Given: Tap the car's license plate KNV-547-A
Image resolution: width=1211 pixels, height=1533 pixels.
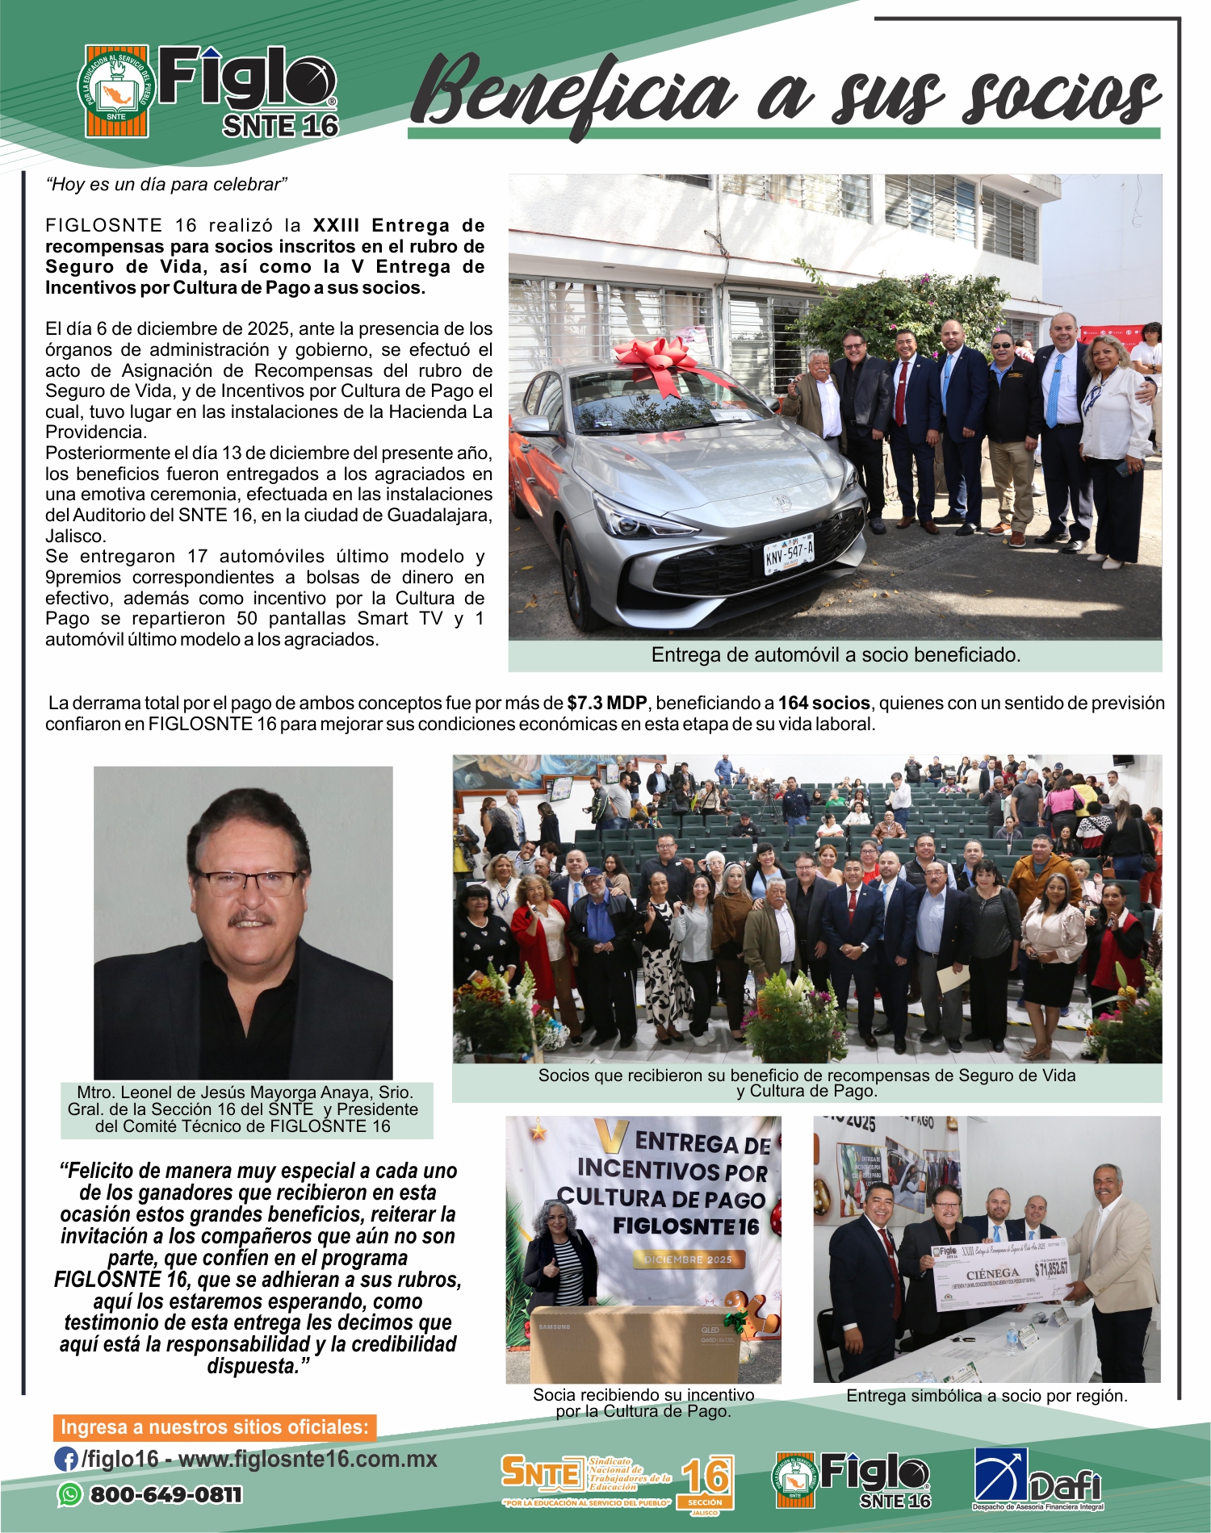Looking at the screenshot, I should pyautogui.click(x=789, y=553).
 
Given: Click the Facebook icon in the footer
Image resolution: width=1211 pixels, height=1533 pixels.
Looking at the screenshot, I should pyautogui.click(x=65, y=1459).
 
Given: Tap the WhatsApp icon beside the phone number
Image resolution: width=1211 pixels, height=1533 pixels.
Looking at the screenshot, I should pyautogui.click(x=70, y=1494).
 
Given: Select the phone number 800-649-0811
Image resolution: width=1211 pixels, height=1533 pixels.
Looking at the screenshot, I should pyautogui.click(x=166, y=1495).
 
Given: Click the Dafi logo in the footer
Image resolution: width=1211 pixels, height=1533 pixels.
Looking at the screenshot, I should pyautogui.click(x=1037, y=1479).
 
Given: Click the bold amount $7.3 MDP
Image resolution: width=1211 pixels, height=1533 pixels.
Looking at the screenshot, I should pyautogui.click(x=606, y=703).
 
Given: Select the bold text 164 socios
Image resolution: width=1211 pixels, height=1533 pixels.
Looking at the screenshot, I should pyautogui.click(x=823, y=703).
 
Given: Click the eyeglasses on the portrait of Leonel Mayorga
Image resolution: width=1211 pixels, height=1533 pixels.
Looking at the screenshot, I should pyautogui.click(x=246, y=882).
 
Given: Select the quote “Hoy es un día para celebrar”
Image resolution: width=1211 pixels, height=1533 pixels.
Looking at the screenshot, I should pyautogui.click(x=166, y=185).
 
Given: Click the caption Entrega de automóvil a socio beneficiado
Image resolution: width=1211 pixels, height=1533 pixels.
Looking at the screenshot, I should pyautogui.click(x=836, y=655).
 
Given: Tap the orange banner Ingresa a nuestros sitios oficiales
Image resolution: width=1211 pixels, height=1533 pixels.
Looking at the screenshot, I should pyautogui.click(x=214, y=1426).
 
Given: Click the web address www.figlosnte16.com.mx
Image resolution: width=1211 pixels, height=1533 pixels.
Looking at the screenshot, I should pyautogui.click(x=308, y=1459).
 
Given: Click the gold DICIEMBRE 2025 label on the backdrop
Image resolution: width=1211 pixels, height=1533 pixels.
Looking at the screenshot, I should pyautogui.click(x=688, y=1259).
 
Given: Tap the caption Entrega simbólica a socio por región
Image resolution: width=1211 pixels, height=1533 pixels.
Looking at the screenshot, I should pyautogui.click(x=987, y=1396).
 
